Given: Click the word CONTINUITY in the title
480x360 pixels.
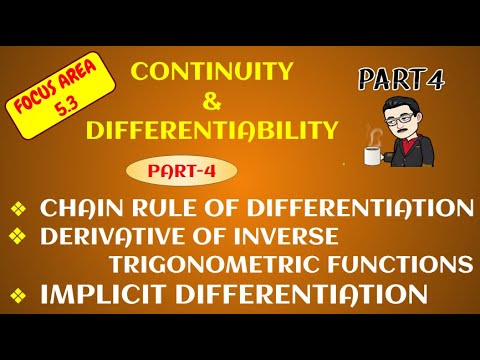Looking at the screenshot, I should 213,70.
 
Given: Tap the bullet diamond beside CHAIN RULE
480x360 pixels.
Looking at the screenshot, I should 18,210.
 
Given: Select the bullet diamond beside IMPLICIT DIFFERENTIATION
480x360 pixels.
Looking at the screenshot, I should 18,296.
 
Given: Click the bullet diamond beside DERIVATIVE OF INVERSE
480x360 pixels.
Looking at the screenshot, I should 18,238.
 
